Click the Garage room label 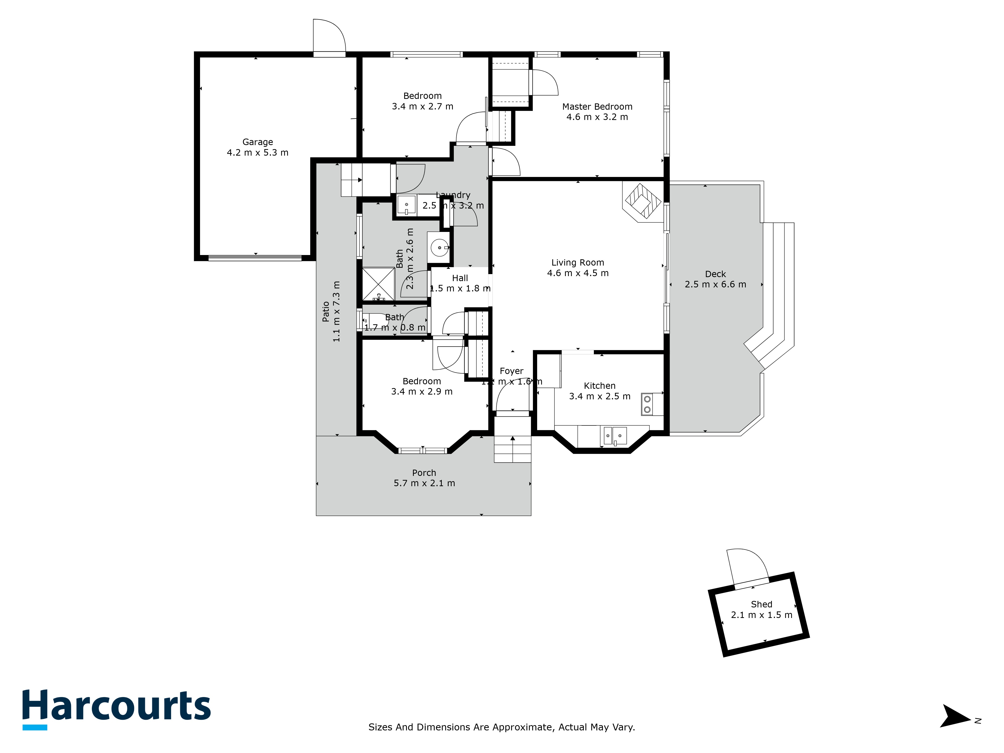coord(257,142)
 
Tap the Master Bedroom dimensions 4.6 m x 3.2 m coord(597,117)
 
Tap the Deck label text coord(715,274)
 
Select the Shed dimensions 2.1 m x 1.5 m coord(761,615)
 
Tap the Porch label coord(424,473)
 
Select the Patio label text coord(326,311)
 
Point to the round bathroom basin coord(439,248)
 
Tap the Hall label coord(460,278)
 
